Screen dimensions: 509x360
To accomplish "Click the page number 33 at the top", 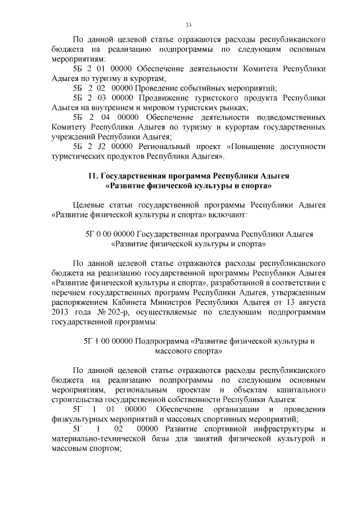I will click(188, 25).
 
